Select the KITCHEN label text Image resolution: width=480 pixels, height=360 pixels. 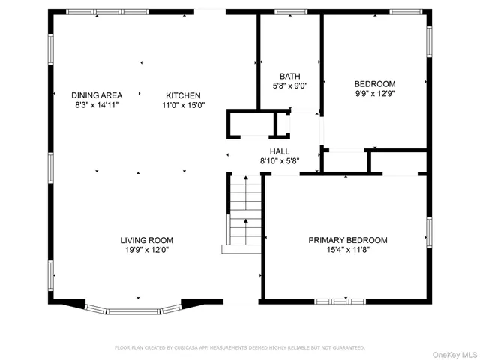pyautogui.click(x=183, y=95)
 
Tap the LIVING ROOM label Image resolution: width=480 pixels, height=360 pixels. pyautogui.click(x=146, y=240)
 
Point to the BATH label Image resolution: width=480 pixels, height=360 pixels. pyautogui.click(x=289, y=76)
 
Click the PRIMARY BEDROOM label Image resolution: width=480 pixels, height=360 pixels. pyautogui.click(x=348, y=240)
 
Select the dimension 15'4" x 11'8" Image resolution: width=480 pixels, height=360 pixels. pyautogui.click(x=348, y=250)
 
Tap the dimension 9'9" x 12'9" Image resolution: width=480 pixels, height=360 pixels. pyautogui.click(x=374, y=94)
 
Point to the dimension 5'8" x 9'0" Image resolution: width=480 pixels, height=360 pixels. pyautogui.click(x=289, y=85)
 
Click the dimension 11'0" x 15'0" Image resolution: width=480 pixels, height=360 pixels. pyautogui.click(x=183, y=105)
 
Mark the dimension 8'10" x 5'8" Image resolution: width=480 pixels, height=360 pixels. pyautogui.click(x=280, y=160)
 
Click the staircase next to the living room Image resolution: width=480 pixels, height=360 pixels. pyautogui.click(x=244, y=211)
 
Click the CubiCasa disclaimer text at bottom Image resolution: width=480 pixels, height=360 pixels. pyautogui.click(x=239, y=348)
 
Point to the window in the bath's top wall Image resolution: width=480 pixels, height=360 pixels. pyautogui.click(x=286, y=12)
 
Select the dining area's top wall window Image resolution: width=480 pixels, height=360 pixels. pyautogui.click(x=85, y=12)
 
